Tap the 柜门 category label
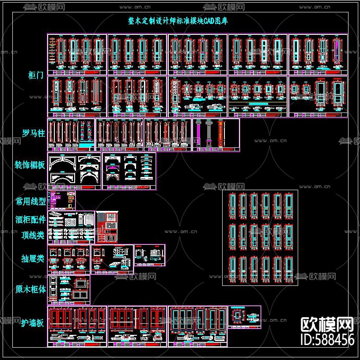click(36, 75)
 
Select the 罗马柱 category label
click(34, 133)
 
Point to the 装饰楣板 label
click(30, 165)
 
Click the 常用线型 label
click(30, 202)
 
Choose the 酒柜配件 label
click(30, 219)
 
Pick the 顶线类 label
click(33, 236)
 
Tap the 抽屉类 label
click(33, 259)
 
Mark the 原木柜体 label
click(30, 289)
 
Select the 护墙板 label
click(33, 322)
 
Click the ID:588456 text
click(327, 339)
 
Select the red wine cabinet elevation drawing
click(107, 227)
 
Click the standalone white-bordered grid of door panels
click(260, 238)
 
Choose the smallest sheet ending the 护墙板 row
click(244, 317)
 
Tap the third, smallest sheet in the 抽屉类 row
click(150, 255)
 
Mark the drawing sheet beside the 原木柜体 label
click(68, 290)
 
